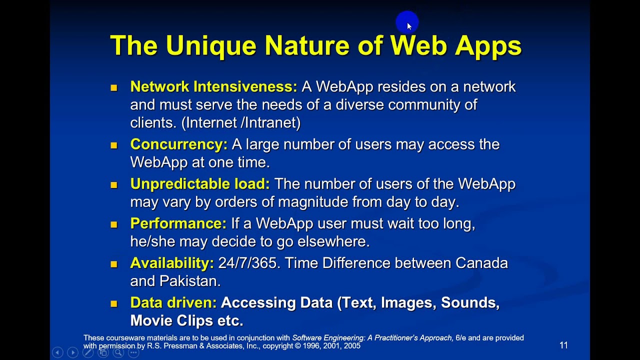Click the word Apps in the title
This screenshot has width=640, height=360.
click(x=488, y=45)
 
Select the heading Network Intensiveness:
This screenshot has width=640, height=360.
click(x=213, y=86)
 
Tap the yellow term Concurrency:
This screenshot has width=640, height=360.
click(x=178, y=144)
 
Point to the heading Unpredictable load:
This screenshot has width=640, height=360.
click(x=199, y=183)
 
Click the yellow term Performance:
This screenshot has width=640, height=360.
click(x=178, y=223)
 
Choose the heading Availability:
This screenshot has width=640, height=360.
click(x=171, y=263)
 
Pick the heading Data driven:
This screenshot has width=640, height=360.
click(x=173, y=302)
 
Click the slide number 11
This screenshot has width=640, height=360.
click(x=563, y=345)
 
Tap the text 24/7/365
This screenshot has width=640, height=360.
click(x=247, y=263)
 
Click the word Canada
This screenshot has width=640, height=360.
click(x=481, y=263)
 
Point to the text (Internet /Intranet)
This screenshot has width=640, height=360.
click(x=241, y=122)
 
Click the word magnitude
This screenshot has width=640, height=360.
click(x=313, y=201)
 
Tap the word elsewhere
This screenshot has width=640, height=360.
click(x=333, y=241)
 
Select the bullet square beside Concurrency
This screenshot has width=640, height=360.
click(x=114, y=145)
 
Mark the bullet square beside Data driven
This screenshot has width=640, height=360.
click(x=114, y=303)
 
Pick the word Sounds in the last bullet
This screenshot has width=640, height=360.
click(x=469, y=302)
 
